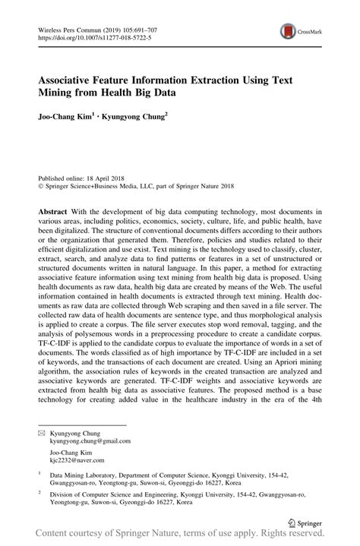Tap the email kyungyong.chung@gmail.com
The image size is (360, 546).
pos(90,440)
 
